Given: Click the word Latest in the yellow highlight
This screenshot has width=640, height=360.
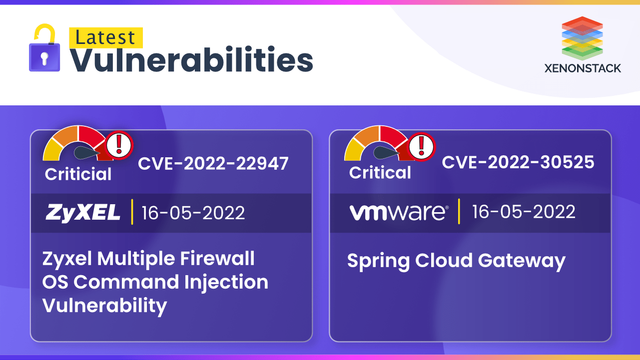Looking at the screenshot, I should pyautogui.click(x=105, y=38).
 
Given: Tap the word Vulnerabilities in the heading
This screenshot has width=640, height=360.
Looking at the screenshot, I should pyautogui.click(x=191, y=61).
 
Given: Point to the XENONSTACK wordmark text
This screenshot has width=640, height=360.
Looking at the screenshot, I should pyautogui.click(x=583, y=68).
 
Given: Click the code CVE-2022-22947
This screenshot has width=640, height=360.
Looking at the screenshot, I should pyautogui.click(x=213, y=163).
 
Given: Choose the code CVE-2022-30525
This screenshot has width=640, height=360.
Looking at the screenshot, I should pyautogui.click(x=518, y=162).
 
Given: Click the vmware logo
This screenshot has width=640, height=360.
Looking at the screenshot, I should pyautogui.click(x=399, y=212).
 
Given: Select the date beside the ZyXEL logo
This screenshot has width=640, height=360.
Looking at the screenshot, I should pyautogui.click(x=193, y=213).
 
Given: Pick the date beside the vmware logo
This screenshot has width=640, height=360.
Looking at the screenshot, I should pyautogui.click(x=524, y=212).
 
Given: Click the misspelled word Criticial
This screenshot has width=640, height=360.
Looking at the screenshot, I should pyautogui.click(x=78, y=174).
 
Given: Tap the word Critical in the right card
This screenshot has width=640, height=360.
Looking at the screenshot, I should pyautogui.click(x=380, y=173).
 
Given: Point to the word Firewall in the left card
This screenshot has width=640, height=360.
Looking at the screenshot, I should pyautogui.click(x=217, y=259).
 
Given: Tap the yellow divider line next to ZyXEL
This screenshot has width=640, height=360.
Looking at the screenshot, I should pyautogui.click(x=132, y=213).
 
